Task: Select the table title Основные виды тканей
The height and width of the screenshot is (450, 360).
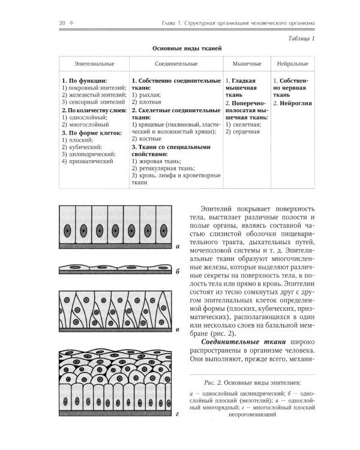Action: pyautogui.click(x=181, y=49)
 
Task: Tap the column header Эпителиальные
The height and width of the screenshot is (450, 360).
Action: pyautogui.click(x=94, y=63)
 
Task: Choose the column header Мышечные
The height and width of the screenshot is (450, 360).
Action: pyautogui.click(x=243, y=63)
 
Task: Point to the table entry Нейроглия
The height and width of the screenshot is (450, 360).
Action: pyautogui.click(x=293, y=103)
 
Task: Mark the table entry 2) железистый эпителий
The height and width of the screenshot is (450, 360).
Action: pyautogui.click(x=94, y=95)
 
